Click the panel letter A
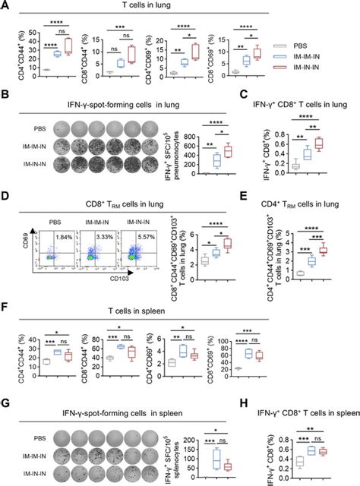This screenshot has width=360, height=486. coord(6,5)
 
